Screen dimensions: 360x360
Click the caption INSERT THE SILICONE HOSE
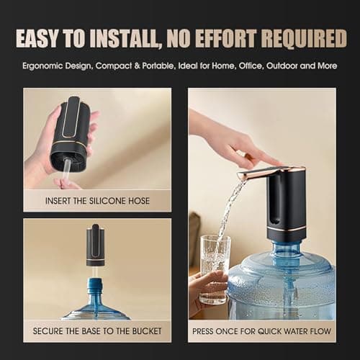coord(96,201)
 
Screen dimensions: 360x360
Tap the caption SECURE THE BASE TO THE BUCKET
coord(96,332)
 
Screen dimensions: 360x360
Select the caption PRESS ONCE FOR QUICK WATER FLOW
coord(261,332)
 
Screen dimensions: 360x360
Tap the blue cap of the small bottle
coord(94,283)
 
